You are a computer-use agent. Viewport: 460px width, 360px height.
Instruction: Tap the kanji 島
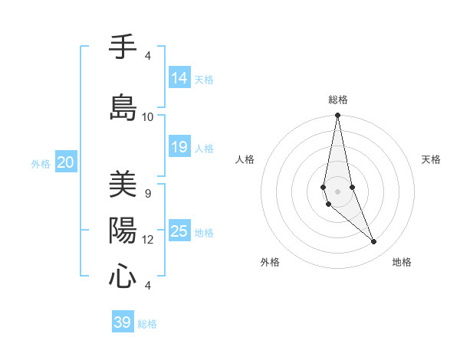123,107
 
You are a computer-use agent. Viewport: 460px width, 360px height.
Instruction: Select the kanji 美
123,184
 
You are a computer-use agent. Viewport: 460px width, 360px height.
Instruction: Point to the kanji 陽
123,230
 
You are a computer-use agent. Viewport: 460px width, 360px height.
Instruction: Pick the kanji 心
123,276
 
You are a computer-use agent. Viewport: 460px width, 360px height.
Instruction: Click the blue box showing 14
179,77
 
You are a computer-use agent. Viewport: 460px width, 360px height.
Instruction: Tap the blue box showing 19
179,146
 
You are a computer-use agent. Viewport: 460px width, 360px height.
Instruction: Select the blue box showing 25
179,231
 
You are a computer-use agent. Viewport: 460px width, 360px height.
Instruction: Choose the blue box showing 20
66,162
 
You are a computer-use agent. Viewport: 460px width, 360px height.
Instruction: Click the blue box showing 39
122,322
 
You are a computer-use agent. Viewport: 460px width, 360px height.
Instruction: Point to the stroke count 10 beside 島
147,116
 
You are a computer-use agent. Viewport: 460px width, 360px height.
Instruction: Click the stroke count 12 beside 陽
147,240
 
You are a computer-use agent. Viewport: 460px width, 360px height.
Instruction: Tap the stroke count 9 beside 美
147,193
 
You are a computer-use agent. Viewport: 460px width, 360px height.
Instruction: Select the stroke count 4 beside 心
147,286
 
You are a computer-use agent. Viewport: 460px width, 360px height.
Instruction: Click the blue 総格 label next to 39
147,324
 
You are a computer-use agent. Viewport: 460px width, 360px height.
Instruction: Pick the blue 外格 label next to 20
41,163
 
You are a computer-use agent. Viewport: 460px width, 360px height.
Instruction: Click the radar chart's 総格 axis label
337,100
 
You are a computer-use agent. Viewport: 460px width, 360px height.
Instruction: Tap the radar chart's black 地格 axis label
402,262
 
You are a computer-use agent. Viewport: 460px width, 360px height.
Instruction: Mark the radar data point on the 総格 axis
337,116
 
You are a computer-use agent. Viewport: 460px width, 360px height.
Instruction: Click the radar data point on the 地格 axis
374,242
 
